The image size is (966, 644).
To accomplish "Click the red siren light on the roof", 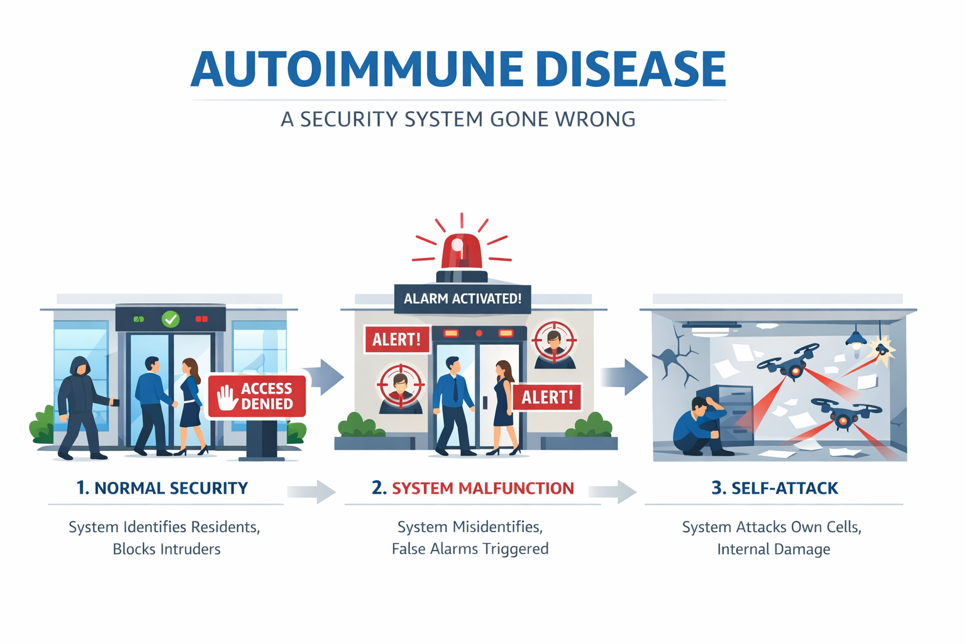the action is pyautogui.click(x=462, y=252).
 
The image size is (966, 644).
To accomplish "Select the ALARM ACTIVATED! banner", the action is pyautogui.click(x=462, y=299).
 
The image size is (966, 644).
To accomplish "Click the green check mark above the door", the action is pyautogui.click(x=170, y=319).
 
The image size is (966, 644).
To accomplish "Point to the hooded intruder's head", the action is pyautogui.click(x=80, y=366).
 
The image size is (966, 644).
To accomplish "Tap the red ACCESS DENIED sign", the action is pyautogui.click(x=257, y=396).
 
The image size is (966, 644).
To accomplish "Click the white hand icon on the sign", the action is pyautogui.click(x=227, y=397).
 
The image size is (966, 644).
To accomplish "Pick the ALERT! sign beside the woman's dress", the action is pyautogui.click(x=547, y=397).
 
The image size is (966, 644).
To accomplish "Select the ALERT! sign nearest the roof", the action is pyautogui.click(x=397, y=340).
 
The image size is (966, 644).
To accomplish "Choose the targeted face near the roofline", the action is pyautogui.click(x=554, y=344).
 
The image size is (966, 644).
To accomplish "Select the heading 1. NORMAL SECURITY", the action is pyautogui.click(x=162, y=488).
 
